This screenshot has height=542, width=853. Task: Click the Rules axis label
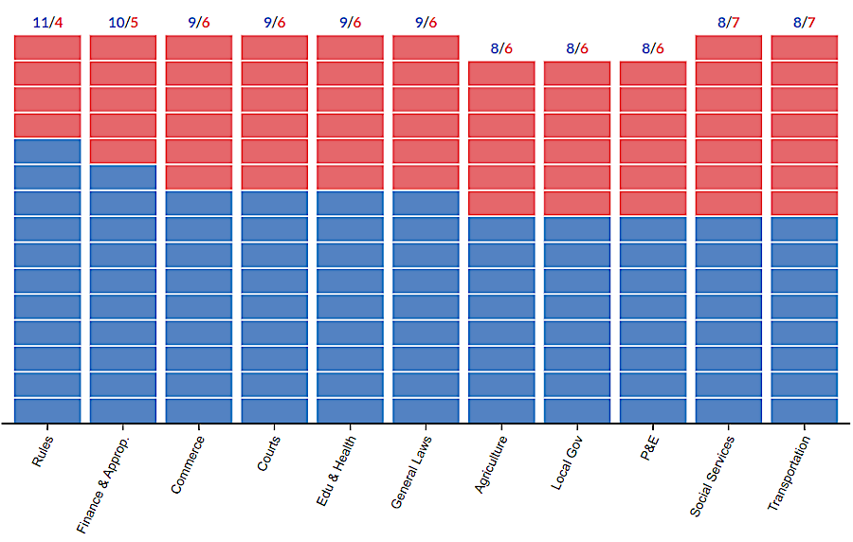[x=42, y=451]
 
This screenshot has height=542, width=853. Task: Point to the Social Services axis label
[x=712, y=477]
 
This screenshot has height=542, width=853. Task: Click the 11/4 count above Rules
[x=47, y=22]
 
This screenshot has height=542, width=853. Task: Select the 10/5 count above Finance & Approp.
[x=123, y=22]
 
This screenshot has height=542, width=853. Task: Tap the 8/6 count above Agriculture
[x=501, y=48]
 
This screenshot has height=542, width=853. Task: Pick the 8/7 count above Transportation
[x=805, y=22]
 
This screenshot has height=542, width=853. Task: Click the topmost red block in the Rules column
[x=47, y=47]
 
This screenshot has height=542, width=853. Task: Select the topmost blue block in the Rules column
[x=47, y=151]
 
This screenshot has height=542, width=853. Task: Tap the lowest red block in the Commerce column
[x=199, y=176]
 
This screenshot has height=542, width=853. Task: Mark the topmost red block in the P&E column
[x=653, y=73]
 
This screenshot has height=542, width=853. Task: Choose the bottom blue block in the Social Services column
[x=729, y=409]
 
